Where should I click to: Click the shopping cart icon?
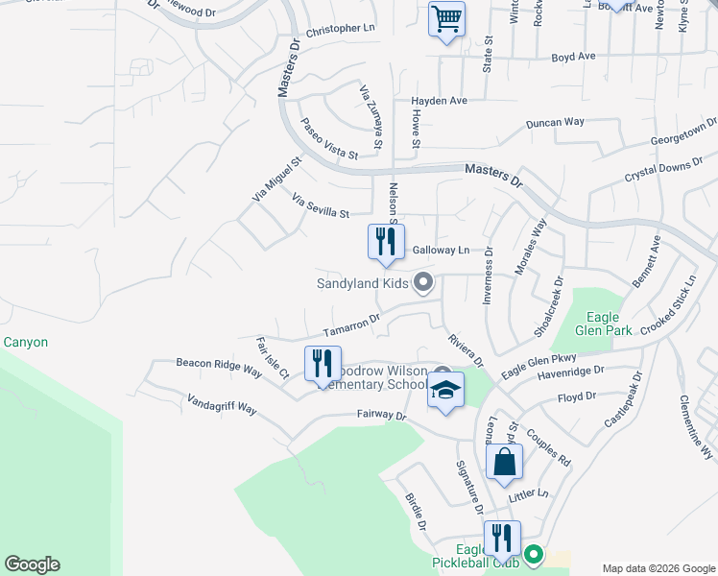point(446,19)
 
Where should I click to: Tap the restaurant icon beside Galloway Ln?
point(386,242)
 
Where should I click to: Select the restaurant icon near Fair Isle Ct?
point(323,364)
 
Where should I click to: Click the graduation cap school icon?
point(445,391)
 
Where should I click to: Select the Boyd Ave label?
point(573,57)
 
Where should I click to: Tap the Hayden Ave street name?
point(439,101)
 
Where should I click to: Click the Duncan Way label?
point(556,123)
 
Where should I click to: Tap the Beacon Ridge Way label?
point(219,367)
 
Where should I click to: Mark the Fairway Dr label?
point(382,416)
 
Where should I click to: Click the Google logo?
point(32,564)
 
